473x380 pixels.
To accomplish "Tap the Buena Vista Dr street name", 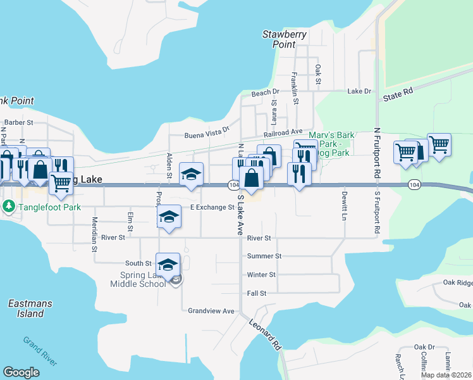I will tap(207, 133).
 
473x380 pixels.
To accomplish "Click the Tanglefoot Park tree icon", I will tap(9, 206).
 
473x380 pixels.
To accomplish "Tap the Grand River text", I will tap(40, 350).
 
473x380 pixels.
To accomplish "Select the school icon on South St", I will tap(168, 265).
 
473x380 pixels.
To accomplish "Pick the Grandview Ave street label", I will tap(211, 311).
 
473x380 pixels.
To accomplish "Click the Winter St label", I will tap(261, 275).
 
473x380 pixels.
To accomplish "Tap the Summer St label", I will tap(264, 256).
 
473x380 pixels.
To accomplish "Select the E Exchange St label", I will tap(213, 207).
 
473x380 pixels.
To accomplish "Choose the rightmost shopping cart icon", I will tap(438, 144).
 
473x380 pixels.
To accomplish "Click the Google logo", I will tap(21, 372).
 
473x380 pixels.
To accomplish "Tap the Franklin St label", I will tap(295, 88).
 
